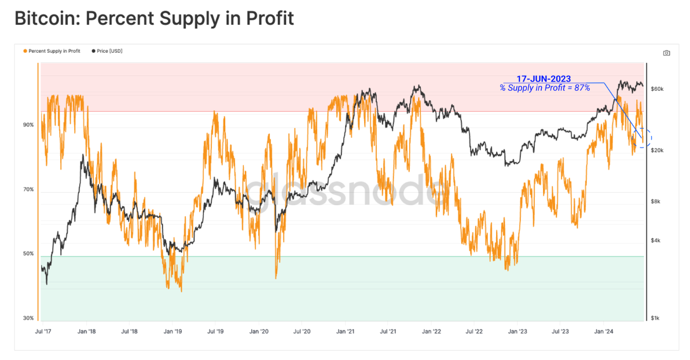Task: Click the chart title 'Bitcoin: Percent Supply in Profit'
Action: click(154, 18)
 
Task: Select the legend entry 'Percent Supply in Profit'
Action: click(53, 51)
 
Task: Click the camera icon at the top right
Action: click(666, 53)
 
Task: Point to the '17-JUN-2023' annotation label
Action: click(544, 79)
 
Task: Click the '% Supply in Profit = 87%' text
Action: click(545, 87)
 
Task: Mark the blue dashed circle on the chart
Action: click(643, 138)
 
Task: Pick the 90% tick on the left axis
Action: click(28, 125)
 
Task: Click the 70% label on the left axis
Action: click(28, 190)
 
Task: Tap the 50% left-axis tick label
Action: click(28, 254)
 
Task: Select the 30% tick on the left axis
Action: click(28, 318)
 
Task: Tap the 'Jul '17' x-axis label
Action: click(43, 332)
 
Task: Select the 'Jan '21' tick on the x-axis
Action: click(346, 332)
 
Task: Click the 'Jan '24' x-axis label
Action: click(604, 332)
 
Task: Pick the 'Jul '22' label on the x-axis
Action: click(475, 332)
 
